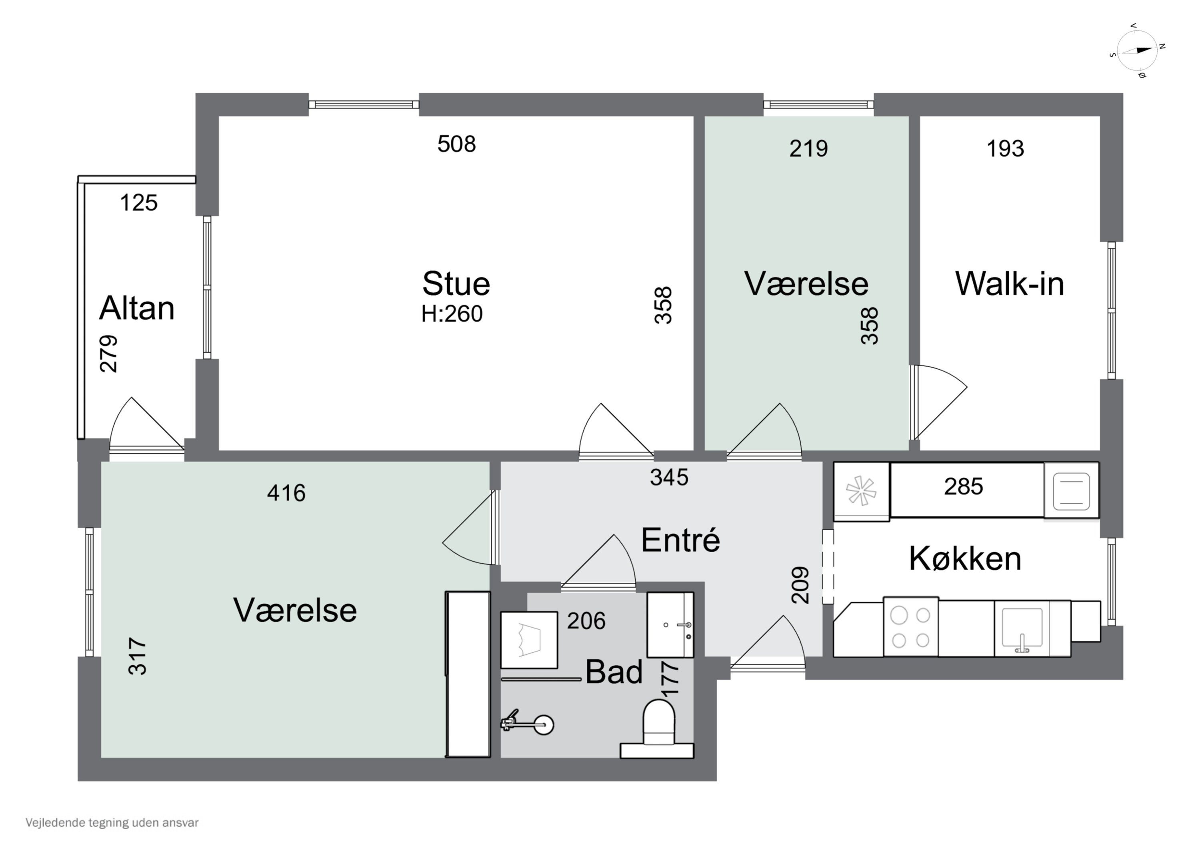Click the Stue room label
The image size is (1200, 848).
point(456,284)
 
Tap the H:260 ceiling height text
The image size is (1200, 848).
point(452,314)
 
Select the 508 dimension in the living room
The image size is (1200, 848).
point(456,144)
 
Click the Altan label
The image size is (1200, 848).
point(136,308)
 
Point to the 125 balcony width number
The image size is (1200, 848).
point(138,203)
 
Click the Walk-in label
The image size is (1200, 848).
point(1009,284)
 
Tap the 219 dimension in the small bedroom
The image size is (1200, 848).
point(808,149)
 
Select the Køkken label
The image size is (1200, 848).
point(965,559)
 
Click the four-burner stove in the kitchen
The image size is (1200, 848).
point(910,627)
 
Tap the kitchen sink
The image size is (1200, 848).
point(1022,629)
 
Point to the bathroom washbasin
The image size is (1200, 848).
point(670,625)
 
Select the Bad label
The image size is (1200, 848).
point(614,672)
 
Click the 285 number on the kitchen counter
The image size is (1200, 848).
point(963,487)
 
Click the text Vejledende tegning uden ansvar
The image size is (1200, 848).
point(112,823)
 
